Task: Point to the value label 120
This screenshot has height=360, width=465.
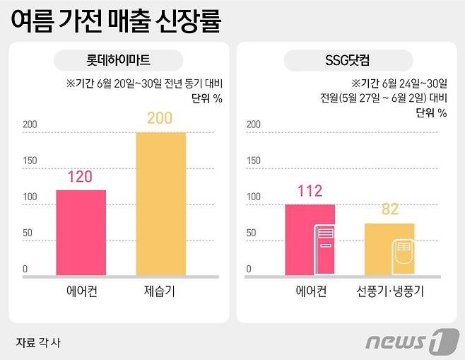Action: coord(80,177)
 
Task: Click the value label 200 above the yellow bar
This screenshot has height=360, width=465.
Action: coord(160,118)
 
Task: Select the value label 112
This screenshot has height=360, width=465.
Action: coord(310,190)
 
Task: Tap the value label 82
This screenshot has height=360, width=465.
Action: coord(389,209)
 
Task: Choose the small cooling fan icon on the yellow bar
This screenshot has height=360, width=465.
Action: coord(403,255)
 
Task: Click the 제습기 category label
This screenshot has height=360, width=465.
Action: coord(160,291)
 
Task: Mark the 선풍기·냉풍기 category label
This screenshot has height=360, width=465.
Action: coord(389,291)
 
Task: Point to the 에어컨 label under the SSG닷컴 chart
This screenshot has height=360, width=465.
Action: coord(310,291)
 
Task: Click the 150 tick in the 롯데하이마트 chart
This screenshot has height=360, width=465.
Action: coord(30,161)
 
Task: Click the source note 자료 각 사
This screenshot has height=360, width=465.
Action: coord(38,342)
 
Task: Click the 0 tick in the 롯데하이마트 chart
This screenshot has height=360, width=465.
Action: coord(25,269)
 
